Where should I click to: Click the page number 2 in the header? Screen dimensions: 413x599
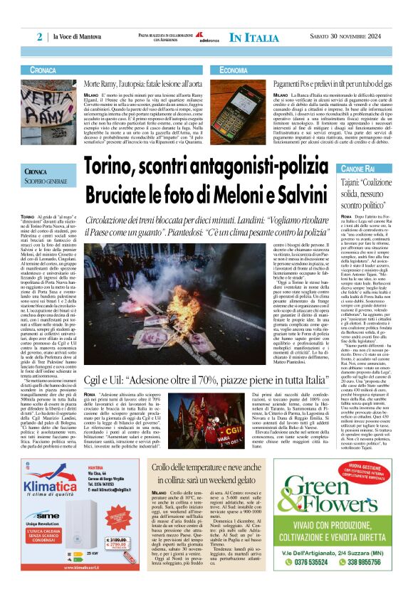pos(41,36)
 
